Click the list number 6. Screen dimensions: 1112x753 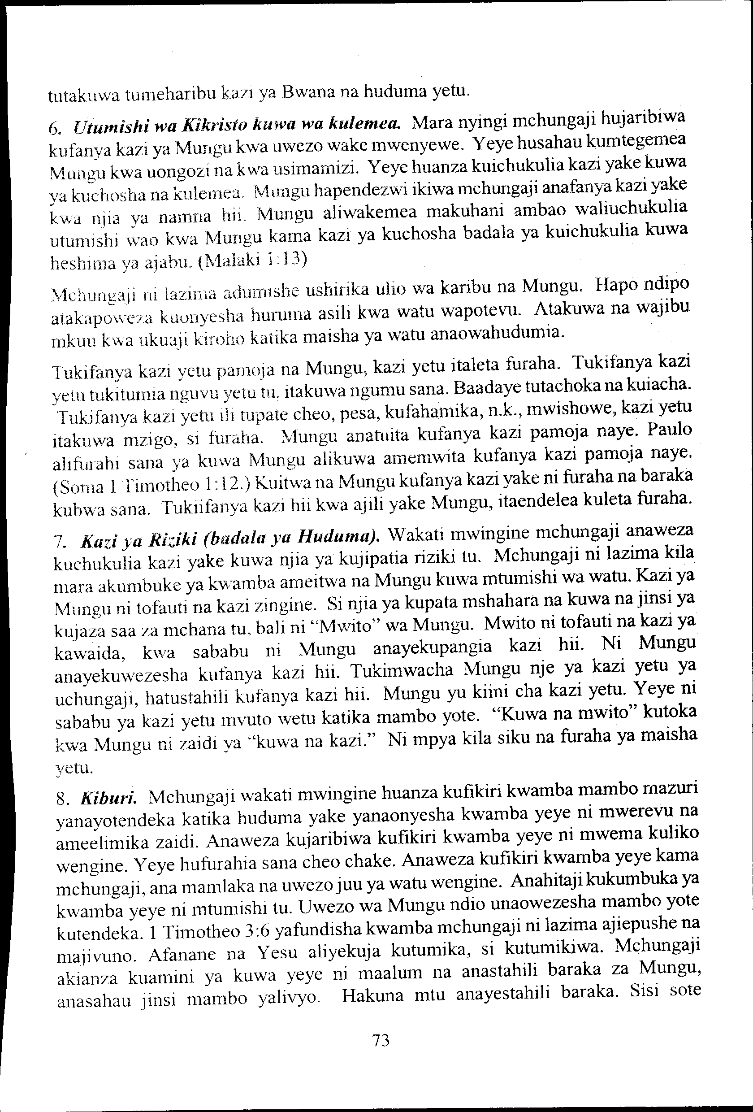[x=54, y=129]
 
